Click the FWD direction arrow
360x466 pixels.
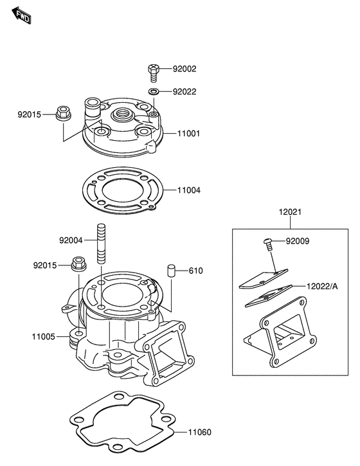tap(21, 16)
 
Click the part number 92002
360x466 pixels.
tap(184, 69)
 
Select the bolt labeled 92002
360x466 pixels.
tap(154, 73)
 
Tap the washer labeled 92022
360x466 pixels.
tap(154, 91)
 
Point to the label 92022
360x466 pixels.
tap(184, 91)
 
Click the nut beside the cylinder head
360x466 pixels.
tap(63, 113)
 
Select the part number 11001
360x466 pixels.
tap(189, 134)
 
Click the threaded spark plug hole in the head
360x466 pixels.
tap(122, 114)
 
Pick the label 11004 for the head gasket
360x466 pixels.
tap(189, 190)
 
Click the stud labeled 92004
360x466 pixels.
tap(101, 243)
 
